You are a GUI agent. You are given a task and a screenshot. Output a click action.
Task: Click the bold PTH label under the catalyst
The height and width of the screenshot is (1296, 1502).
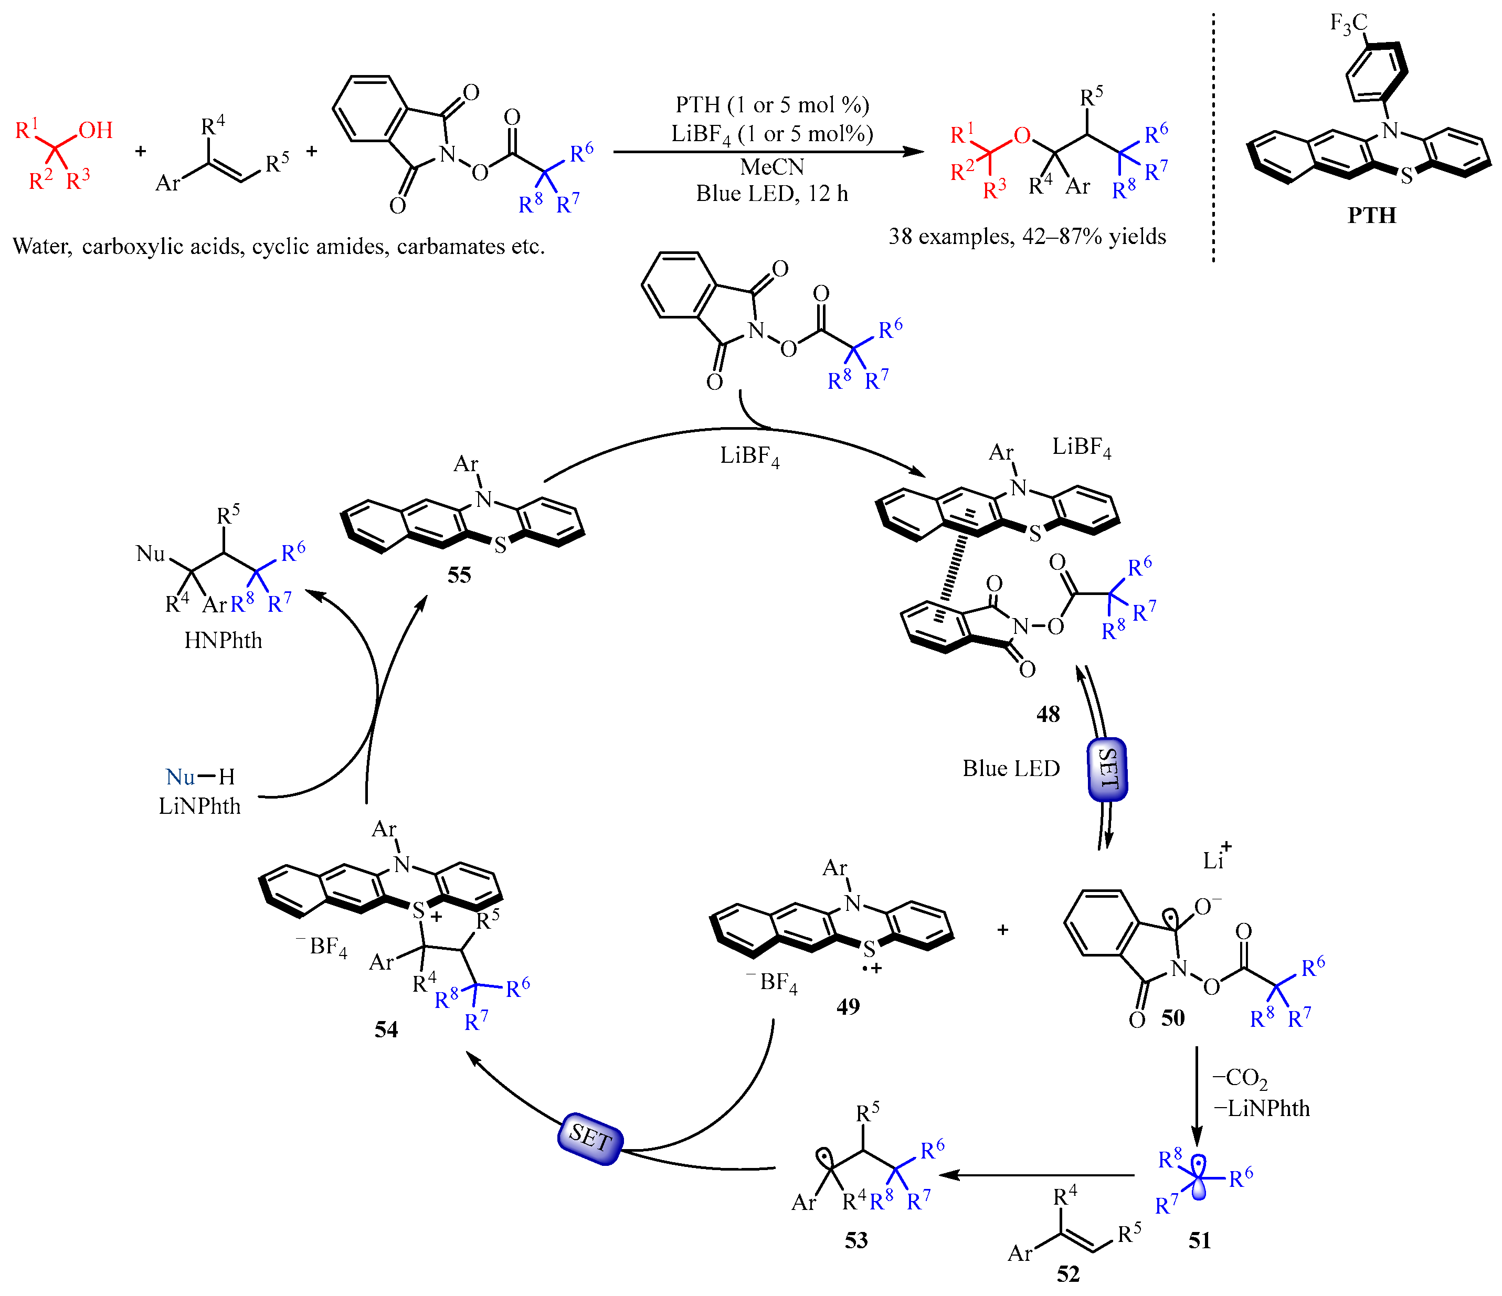[x=1371, y=215]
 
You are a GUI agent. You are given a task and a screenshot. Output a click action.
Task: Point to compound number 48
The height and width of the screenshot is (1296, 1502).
[x=1048, y=714]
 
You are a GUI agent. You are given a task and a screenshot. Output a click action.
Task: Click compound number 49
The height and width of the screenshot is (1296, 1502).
[x=848, y=1006]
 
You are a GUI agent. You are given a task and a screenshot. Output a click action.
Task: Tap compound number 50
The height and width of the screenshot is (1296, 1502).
[x=1172, y=1018]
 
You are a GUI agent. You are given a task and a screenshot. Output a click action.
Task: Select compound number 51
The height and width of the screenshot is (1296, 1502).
[x=1199, y=1240]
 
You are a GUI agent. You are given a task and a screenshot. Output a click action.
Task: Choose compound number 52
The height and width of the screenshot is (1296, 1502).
[x=1068, y=1273]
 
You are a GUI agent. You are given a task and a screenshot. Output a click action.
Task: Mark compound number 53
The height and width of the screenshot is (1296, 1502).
[x=855, y=1240]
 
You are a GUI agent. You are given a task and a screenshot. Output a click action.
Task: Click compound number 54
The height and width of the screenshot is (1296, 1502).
[x=386, y=1029]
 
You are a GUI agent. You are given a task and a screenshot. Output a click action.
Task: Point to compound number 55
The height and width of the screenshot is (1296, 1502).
[x=459, y=576]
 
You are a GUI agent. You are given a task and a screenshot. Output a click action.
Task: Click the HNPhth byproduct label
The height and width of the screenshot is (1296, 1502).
[x=223, y=640]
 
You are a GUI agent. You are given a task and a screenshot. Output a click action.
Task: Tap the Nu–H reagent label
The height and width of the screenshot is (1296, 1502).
[x=200, y=777]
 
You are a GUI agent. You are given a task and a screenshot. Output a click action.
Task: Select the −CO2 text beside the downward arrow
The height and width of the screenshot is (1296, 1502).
[x=1240, y=1079]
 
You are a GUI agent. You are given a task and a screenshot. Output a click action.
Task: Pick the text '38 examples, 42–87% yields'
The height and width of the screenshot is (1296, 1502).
[x=1027, y=236]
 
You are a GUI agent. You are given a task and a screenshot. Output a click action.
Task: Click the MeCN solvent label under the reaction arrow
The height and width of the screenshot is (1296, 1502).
[x=772, y=167]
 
